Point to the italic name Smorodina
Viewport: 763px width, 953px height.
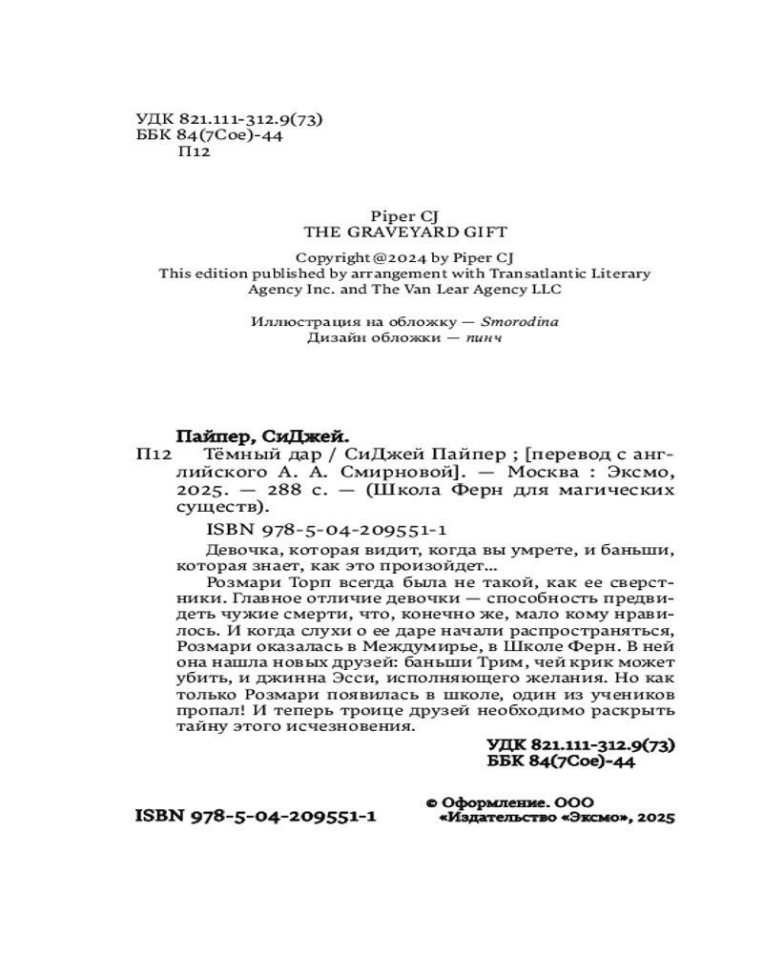click(521, 321)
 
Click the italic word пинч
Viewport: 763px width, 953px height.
click(484, 337)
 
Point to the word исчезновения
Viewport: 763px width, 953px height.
click(363, 726)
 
